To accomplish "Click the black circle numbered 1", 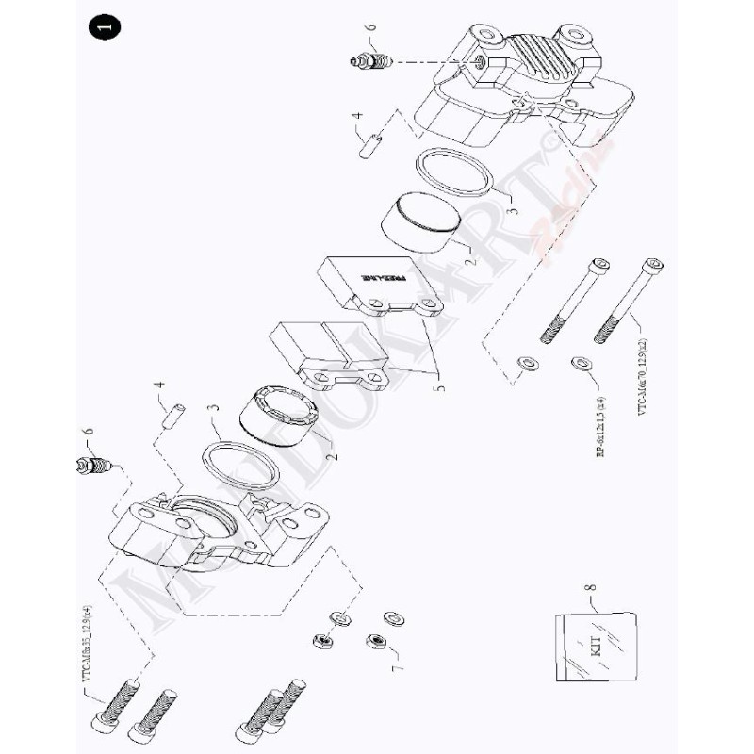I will [x=102, y=29].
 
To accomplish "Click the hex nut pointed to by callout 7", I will [x=374, y=641].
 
